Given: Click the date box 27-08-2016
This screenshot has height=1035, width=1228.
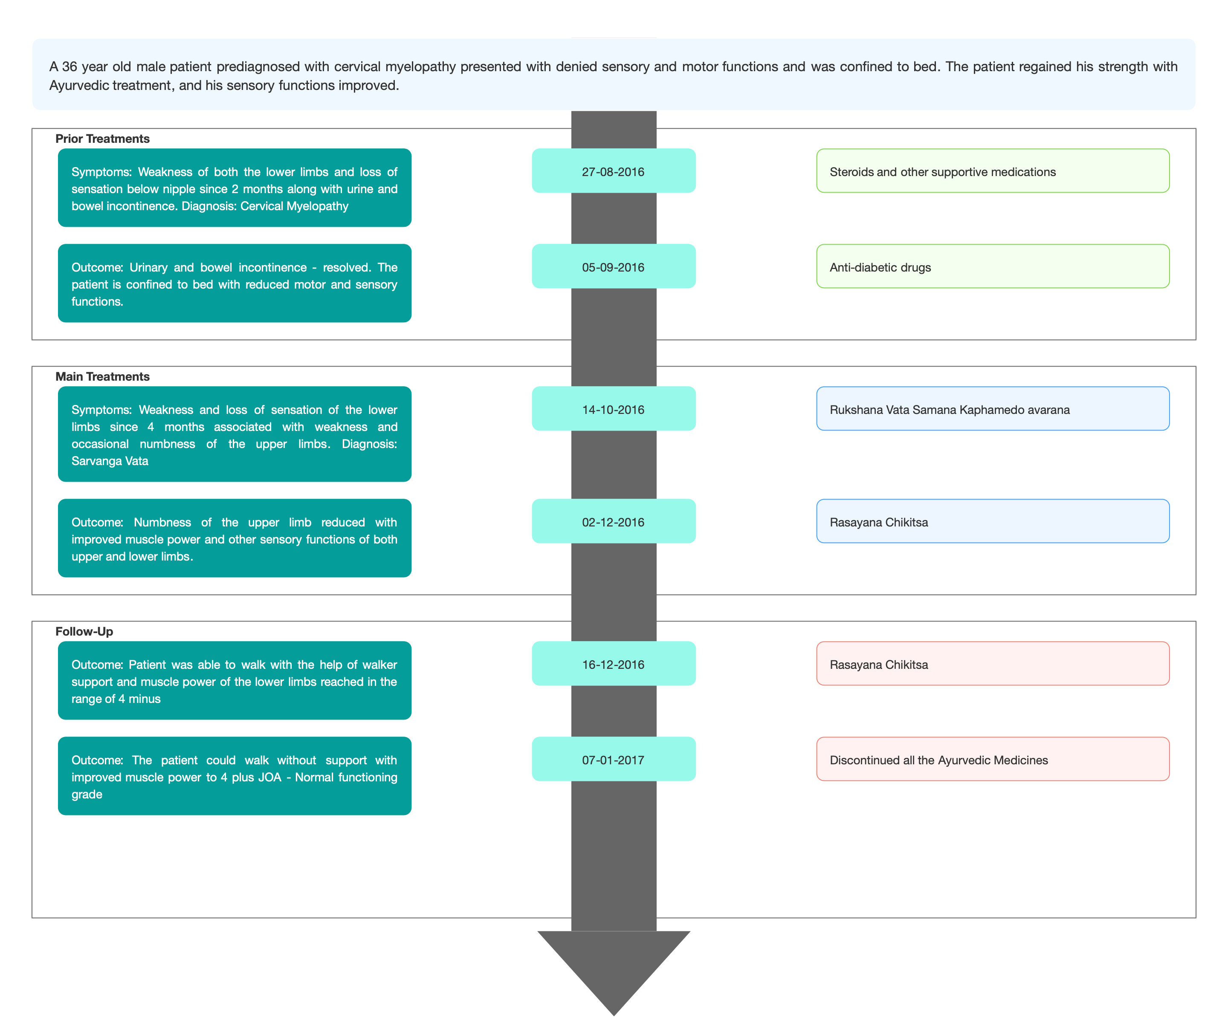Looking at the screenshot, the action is [x=614, y=171].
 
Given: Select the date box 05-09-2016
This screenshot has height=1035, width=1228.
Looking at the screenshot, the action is [x=614, y=266].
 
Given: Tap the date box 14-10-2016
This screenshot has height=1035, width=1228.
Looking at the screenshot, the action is [x=614, y=408].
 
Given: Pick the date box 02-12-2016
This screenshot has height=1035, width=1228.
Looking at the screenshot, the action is [x=614, y=521].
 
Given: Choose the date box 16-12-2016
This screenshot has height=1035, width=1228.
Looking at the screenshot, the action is [x=614, y=664].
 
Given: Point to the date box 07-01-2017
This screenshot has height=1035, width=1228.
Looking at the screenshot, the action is [x=614, y=759].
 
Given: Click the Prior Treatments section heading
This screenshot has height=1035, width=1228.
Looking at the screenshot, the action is [x=103, y=139].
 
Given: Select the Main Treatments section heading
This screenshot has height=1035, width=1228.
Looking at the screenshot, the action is [x=103, y=377].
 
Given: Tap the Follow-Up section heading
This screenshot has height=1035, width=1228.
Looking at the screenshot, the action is [x=84, y=632].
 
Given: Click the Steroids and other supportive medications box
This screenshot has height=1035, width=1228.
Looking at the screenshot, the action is [x=993, y=171].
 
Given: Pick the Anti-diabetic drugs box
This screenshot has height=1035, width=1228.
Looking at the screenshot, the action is [x=993, y=266].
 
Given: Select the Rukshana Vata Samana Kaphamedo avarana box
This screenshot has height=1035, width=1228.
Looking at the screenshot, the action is [x=993, y=408].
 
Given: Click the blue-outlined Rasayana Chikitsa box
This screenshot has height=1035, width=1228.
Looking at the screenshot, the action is [x=993, y=521].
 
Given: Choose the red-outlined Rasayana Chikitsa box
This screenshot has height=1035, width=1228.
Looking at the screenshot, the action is [x=993, y=664].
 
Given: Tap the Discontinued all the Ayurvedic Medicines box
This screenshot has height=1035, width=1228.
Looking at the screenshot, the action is [x=993, y=759].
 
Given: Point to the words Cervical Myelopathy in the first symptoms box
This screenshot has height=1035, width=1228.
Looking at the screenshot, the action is [x=294, y=206].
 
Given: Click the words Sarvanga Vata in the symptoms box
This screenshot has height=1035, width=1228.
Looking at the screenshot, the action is [x=110, y=461].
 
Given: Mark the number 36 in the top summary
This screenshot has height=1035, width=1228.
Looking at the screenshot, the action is [x=69, y=67].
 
